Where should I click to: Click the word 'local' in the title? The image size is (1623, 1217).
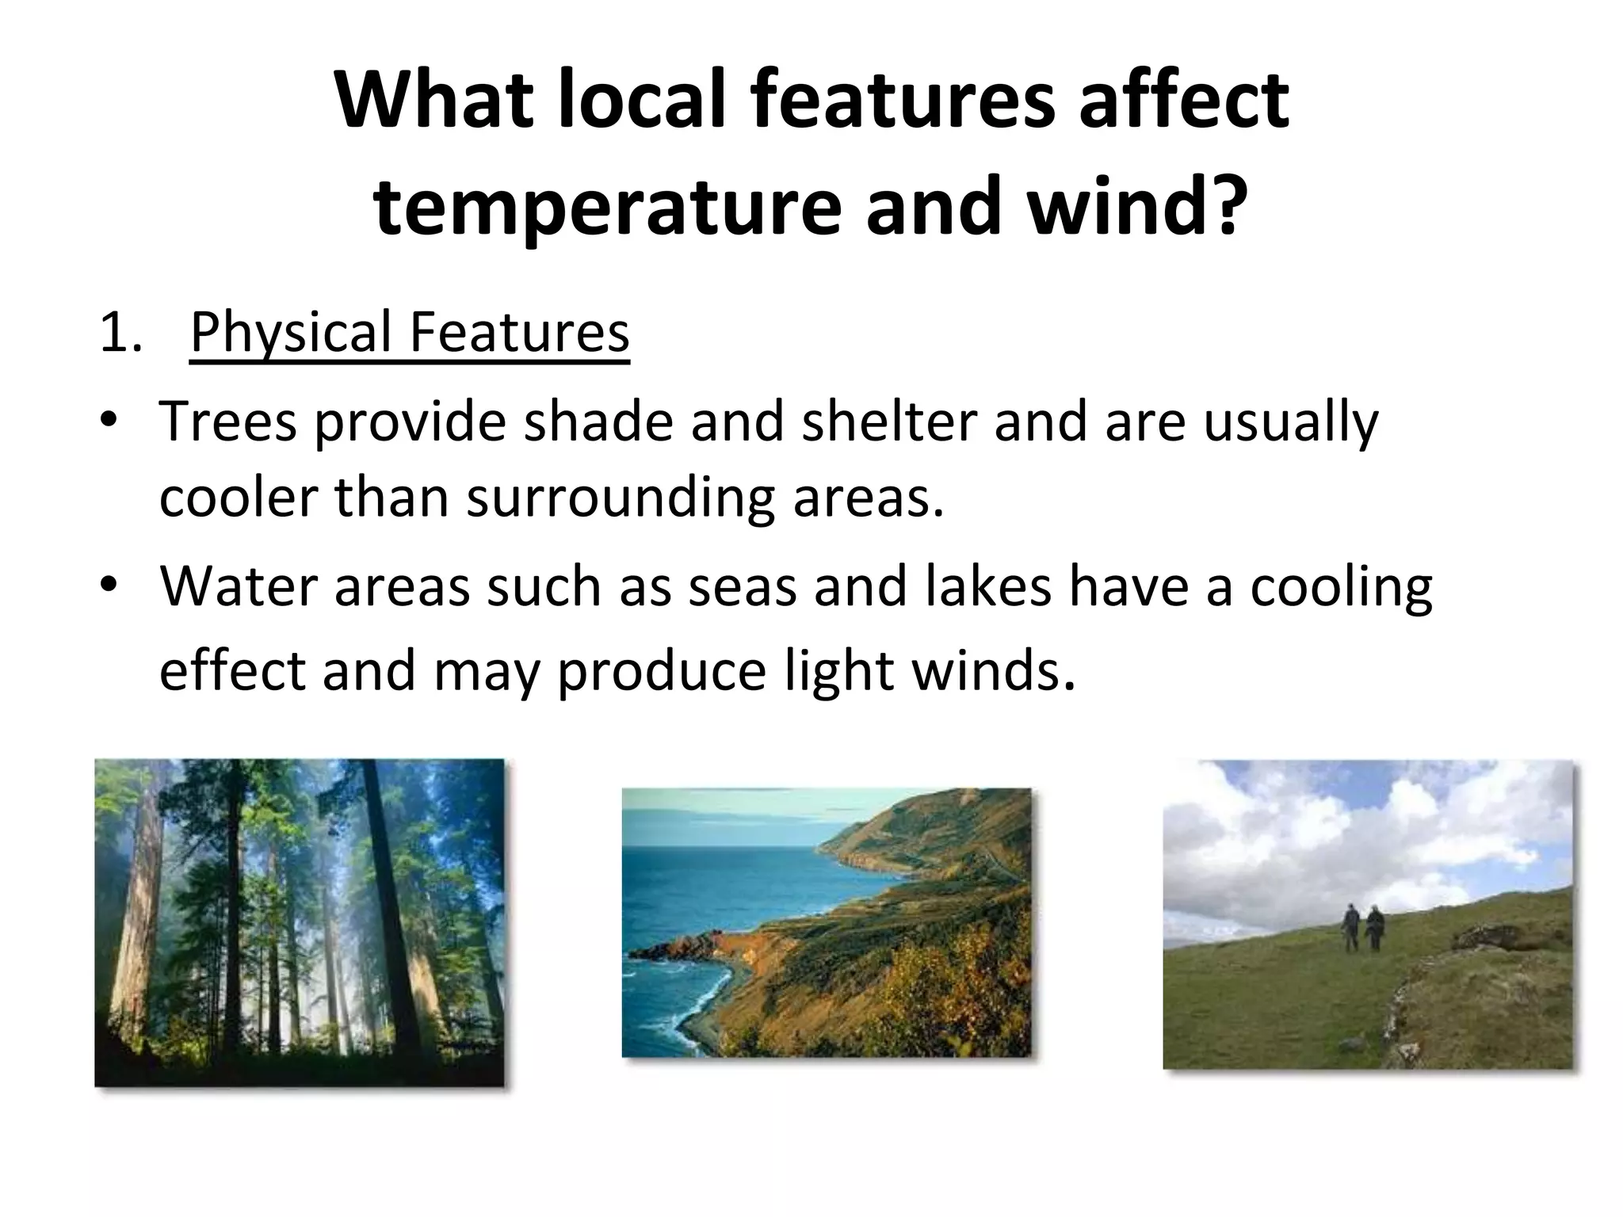[643, 101]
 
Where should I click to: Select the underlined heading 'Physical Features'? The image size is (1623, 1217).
[410, 332]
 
